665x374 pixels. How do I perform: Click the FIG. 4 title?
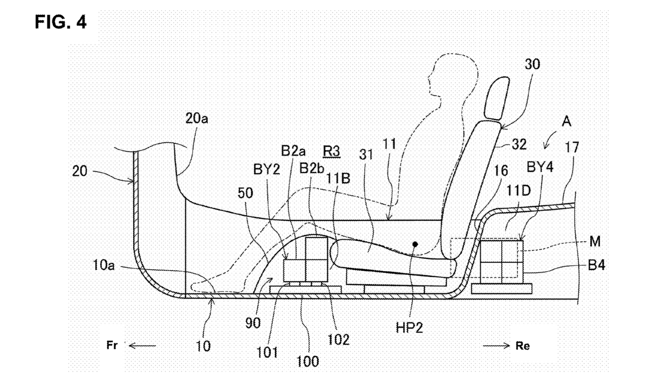(61, 22)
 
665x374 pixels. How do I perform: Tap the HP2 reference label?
(409, 328)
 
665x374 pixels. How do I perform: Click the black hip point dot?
(415, 244)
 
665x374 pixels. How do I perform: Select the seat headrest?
(497, 98)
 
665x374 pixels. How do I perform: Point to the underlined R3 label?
(331, 151)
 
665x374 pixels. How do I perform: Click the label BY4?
(540, 167)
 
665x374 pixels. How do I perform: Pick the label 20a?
(197, 118)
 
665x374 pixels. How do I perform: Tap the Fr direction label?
(112, 345)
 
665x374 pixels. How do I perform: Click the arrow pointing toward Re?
(496, 345)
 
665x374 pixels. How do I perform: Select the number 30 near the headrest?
(532, 64)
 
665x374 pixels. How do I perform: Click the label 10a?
(103, 265)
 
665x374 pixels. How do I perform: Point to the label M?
(595, 241)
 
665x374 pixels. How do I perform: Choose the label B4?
(596, 265)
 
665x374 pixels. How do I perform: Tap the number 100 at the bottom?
(308, 361)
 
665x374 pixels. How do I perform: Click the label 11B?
(338, 178)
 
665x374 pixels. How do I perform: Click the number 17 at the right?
(572, 147)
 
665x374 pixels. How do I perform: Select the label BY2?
(266, 170)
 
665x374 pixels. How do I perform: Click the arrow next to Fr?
(142, 345)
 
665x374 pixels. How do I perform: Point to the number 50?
(245, 193)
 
